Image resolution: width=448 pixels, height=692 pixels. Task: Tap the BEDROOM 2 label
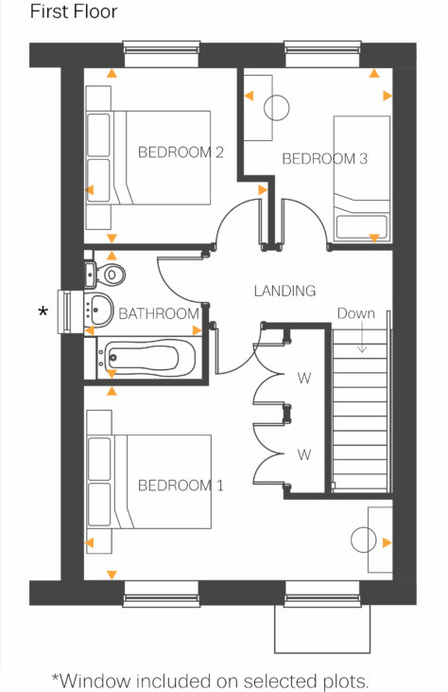coord(181,151)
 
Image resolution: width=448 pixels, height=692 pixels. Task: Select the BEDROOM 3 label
coord(324,158)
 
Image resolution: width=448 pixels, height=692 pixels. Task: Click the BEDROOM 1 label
coord(181,486)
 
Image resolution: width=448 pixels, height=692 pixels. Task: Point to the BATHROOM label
coord(159,313)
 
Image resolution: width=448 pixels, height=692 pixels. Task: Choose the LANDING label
coord(284,291)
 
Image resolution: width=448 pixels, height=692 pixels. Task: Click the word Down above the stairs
coord(355,313)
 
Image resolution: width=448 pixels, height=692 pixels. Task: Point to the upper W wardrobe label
coord(304,379)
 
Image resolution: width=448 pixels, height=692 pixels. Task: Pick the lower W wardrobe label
coord(304,454)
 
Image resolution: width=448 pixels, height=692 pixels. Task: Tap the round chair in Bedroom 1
coord(364,541)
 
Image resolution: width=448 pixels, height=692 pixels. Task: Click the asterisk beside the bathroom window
coord(42,311)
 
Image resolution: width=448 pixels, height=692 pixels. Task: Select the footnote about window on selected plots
coord(210,681)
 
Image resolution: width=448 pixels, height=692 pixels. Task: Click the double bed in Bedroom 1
coord(149,481)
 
